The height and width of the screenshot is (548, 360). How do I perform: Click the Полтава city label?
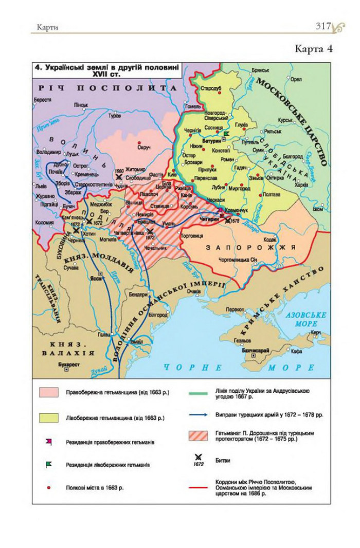click(x=272, y=195)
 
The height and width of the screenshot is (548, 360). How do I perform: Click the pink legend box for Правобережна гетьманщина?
click(x=50, y=392)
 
